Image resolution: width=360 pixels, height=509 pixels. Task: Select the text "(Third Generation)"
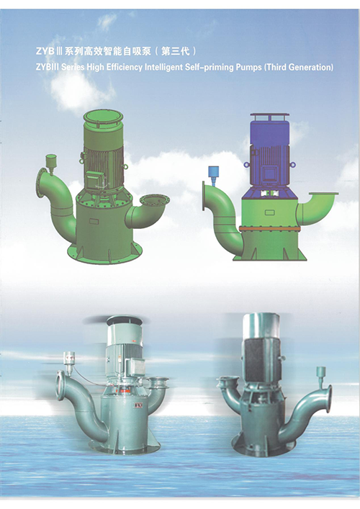pos(299,67)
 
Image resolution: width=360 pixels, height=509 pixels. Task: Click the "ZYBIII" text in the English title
pos(48,67)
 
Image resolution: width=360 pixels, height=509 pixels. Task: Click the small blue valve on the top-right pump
pos(213,175)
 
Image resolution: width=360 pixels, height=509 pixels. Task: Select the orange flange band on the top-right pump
pos(270,229)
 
